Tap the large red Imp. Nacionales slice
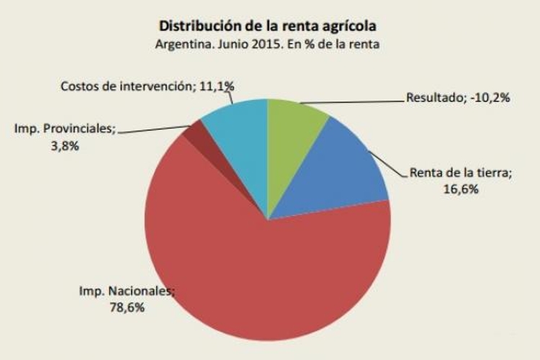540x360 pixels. [259, 281]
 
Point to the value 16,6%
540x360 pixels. [461, 189]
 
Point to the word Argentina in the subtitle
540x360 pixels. [180, 45]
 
